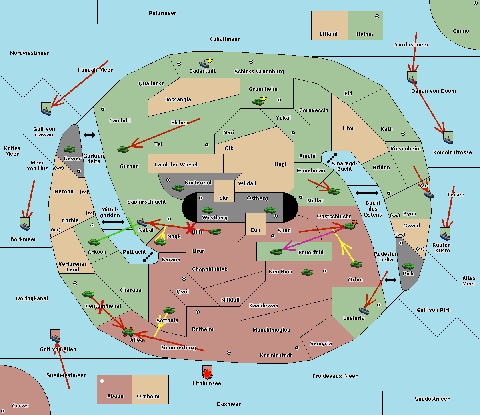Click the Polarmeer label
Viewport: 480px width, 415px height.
tap(162, 13)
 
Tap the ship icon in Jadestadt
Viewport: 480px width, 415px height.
tap(204, 64)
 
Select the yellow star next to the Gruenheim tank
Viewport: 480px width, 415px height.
tap(264, 98)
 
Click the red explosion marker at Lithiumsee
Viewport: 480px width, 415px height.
tap(207, 374)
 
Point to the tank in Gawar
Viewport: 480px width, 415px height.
tap(69, 150)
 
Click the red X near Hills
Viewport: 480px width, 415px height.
tap(190, 228)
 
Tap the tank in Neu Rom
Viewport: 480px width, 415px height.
tap(307, 272)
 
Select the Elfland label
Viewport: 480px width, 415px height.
tap(328, 34)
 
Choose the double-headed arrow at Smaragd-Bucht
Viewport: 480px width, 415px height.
tap(332, 158)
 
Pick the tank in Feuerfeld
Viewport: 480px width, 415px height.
tap(276, 251)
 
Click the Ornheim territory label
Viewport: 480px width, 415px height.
tap(148, 397)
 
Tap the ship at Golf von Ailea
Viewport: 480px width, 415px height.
tap(56, 339)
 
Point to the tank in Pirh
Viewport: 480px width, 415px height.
tap(408, 266)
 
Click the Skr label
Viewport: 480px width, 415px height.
tap(224, 198)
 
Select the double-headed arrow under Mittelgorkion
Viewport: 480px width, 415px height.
tap(113, 222)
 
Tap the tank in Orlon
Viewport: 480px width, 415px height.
tap(356, 265)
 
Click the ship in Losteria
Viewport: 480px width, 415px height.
tap(364, 310)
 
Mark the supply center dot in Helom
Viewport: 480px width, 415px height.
tap(377, 16)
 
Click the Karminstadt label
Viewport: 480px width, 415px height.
tap(276, 355)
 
